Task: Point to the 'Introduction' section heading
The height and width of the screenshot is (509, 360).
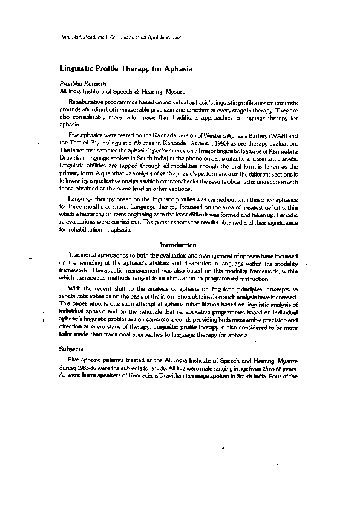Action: tap(177, 245)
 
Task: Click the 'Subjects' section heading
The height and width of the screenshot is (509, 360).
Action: tap(71, 349)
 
